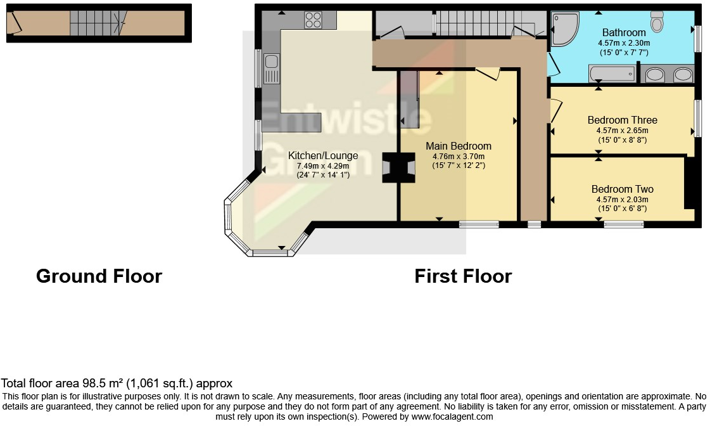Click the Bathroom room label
click(623, 32)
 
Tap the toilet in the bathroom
click(657, 22)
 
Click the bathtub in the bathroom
click(612, 74)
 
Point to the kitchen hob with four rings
click(313, 20)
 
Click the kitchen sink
click(270, 68)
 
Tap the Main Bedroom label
click(459, 146)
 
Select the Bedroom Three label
click(622, 120)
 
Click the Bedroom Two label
click(622, 189)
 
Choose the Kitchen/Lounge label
click(323, 155)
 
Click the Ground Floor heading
click(99, 276)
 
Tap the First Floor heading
click(463, 276)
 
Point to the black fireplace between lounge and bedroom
click(398, 167)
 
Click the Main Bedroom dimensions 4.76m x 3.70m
click(459, 157)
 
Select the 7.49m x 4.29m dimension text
click(323, 166)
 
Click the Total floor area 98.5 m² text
click(117, 384)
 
